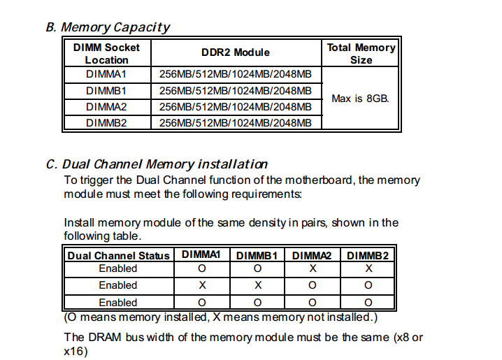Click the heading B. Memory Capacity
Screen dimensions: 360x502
coord(108,27)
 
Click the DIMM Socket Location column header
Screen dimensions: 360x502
coord(106,54)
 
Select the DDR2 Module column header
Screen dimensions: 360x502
coord(236,52)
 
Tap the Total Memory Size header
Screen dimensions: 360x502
coord(361,54)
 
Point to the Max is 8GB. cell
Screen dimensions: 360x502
coord(360,99)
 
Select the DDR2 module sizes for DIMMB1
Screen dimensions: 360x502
coord(236,91)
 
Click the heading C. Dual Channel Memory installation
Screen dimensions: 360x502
coord(157,164)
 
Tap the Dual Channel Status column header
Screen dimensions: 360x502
coord(118,256)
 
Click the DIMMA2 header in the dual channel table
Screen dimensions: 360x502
coord(312,256)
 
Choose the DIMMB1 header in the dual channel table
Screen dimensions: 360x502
coord(257,256)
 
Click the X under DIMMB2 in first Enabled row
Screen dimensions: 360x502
coord(368,268)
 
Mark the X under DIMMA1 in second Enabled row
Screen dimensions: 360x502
coord(201,285)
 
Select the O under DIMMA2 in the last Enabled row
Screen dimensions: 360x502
coord(312,303)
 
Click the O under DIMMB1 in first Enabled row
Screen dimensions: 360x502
coord(257,268)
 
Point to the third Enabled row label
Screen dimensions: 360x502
coord(118,303)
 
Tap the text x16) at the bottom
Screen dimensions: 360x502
coord(76,351)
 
